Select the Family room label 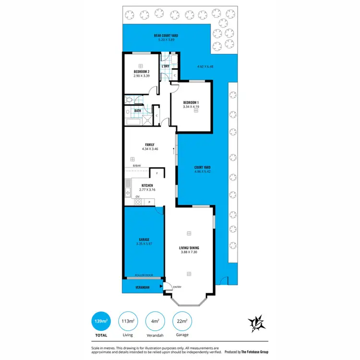(150, 144)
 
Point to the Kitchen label (147, 185)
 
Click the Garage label (144, 239)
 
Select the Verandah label (142, 287)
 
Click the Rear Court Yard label (165, 36)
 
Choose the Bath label (138, 111)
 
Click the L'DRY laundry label (166, 66)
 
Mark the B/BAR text (137, 166)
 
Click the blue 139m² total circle (101, 322)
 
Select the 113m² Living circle (127, 322)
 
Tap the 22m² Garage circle (181, 322)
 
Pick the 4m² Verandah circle (155, 322)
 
